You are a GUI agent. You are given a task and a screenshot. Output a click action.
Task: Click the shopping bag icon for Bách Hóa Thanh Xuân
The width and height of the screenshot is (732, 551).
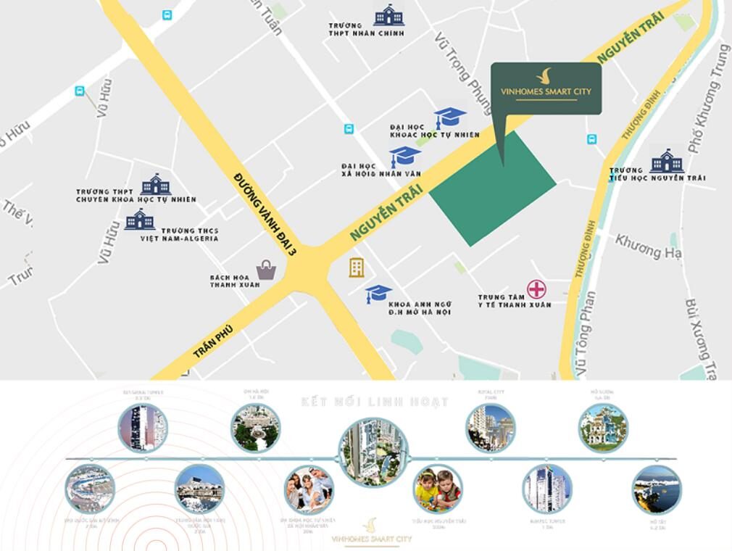[x=266, y=270]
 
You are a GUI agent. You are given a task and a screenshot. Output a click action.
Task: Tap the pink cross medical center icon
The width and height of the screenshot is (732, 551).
[x=536, y=289]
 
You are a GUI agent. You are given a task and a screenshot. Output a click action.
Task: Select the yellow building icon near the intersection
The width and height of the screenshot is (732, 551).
[x=357, y=267]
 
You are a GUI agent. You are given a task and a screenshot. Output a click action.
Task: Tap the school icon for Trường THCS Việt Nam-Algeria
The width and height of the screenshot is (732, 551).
[x=139, y=219]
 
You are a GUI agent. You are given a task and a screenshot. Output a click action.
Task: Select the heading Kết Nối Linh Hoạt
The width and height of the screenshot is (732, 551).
[x=375, y=402]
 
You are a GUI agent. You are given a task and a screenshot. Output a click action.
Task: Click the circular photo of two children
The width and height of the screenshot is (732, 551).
[x=438, y=489]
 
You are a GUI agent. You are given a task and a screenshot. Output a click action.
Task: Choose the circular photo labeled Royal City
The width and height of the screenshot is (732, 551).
[x=491, y=428]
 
